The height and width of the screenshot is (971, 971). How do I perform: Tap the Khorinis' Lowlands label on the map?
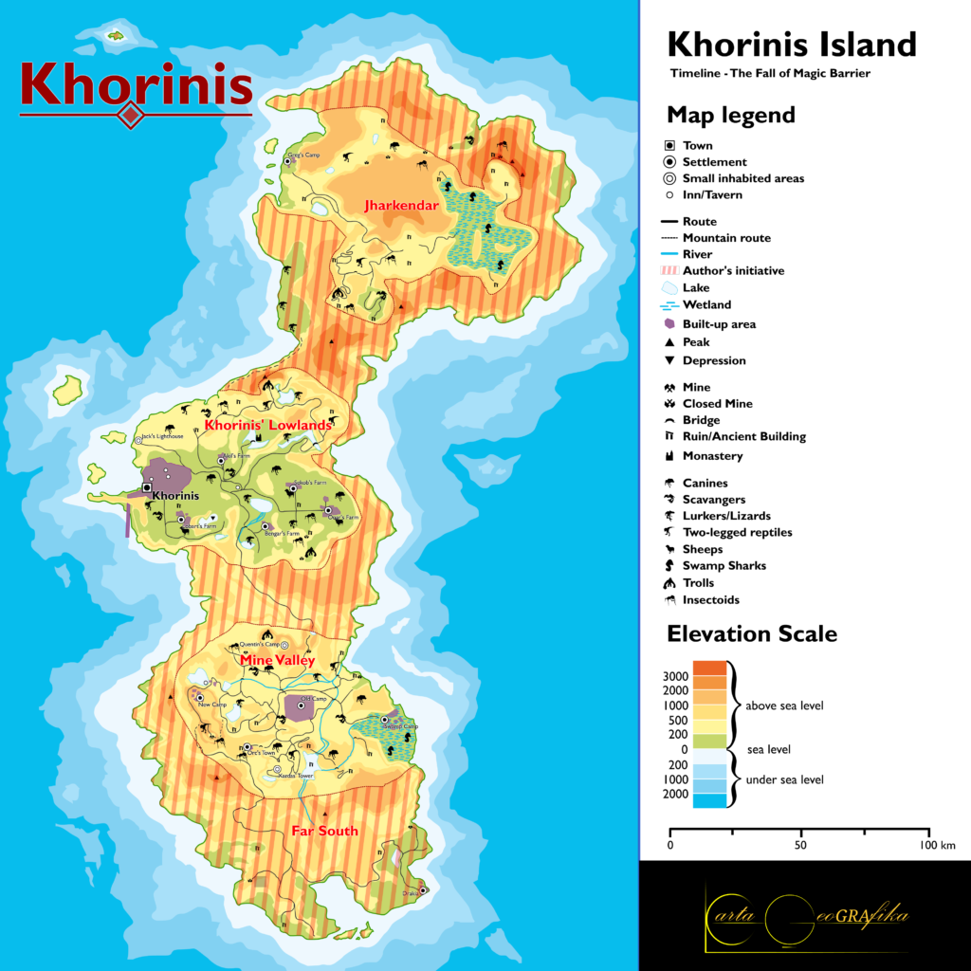click(x=268, y=426)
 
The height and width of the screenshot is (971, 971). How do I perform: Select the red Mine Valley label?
click(x=277, y=660)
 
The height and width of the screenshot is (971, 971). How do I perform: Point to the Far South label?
click(x=324, y=831)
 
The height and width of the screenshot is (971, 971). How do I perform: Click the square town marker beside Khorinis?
click(x=146, y=487)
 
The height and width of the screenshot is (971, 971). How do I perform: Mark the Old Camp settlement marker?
click(x=302, y=701)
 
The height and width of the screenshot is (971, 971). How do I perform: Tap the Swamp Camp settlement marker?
click(x=384, y=720)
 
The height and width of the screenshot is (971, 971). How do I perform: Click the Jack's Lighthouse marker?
click(x=141, y=438)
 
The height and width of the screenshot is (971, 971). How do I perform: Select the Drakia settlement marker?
click(x=423, y=889)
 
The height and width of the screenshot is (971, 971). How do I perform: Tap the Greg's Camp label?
click(x=294, y=154)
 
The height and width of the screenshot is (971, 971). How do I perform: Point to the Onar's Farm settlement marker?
click(x=328, y=510)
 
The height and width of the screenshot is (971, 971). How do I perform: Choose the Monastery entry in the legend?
click(x=712, y=456)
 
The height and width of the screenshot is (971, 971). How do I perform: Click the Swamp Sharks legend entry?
click(x=724, y=566)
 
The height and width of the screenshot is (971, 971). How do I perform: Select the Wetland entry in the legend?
click(x=706, y=305)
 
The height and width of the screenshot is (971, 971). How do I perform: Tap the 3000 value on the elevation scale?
click(x=675, y=676)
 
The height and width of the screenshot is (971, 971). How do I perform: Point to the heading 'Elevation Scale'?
click(x=752, y=633)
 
